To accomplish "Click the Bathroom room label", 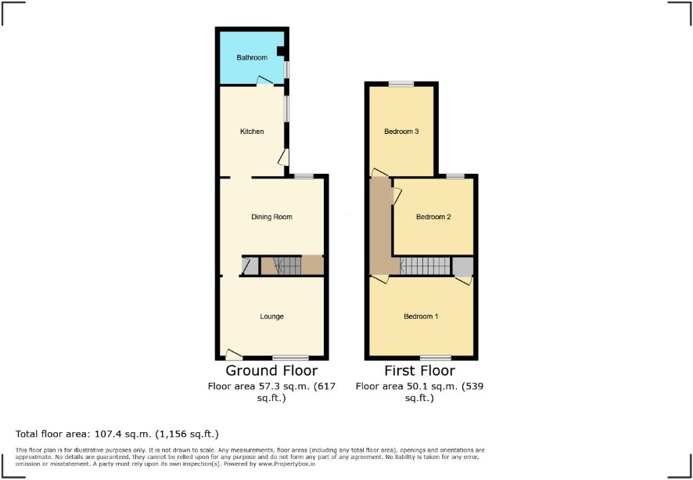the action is point(252,57).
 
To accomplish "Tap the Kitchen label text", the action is point(252,132).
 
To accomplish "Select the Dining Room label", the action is point(272,217).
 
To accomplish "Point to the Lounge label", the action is point(272,316).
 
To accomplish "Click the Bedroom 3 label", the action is point(401,132).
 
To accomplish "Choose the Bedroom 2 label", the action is point(433,217).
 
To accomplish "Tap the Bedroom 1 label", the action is point(421,316).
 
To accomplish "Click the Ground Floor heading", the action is point(271,370).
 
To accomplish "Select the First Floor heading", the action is point(419,370).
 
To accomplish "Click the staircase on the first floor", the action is point(425,266).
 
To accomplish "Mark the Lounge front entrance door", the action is point(234,354).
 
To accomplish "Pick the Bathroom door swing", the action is point(264,80).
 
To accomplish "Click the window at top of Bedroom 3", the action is point(401,84).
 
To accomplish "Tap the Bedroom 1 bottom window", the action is point(436,358).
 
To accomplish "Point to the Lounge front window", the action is point(290,358).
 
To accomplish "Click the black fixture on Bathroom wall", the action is point(281,52).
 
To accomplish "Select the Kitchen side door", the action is point(284,157).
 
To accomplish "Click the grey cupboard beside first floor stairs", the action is point(463,266).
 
